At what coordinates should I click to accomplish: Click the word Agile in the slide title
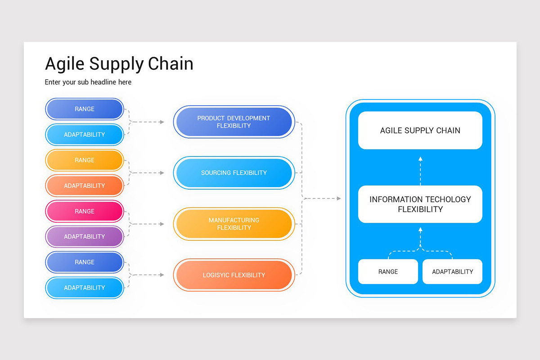tap(65, 63)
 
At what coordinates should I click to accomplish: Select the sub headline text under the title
tap(88, 82)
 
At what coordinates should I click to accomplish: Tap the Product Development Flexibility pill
tap(234, 122)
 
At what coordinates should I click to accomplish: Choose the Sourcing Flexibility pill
tap(234, 173)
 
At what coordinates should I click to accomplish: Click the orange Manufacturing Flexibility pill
tap(234, 224)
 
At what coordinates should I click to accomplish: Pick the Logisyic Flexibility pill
tap(234, 275)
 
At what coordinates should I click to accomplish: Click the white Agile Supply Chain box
tap(420, 130)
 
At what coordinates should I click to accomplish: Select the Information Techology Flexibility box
tap(420, 204)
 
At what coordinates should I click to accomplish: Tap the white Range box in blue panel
tap(388, 272)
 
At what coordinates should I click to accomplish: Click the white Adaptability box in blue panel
tap(452, 272)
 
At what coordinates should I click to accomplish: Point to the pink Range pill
tap(85, 211)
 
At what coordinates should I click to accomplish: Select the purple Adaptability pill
tap(85, 237)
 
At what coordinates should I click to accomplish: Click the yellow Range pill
tap(85, 160)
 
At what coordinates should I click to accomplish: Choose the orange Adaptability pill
tap(85, 186)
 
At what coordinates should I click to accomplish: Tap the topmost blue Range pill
tap(85, 109)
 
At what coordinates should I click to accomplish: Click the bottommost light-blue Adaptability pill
tap(85, 288)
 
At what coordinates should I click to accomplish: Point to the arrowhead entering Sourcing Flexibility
tap(162, 173)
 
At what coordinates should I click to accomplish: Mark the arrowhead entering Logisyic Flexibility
tap(162, 275)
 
